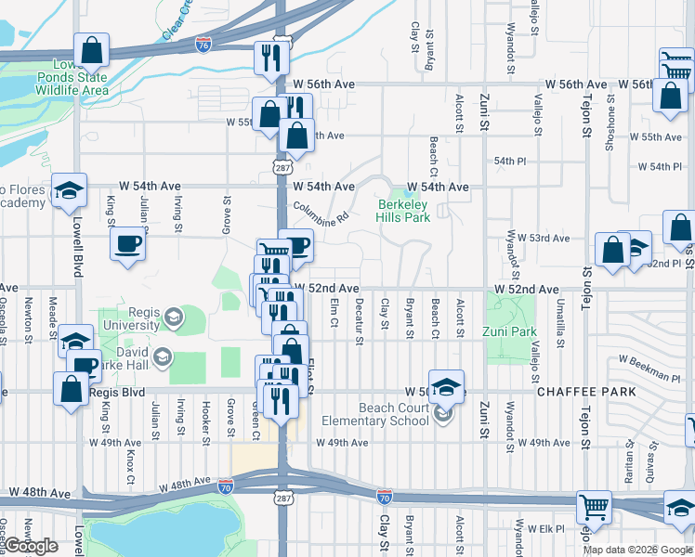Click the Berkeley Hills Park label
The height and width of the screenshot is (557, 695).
[403, 210]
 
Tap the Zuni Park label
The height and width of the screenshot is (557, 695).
[510, 331]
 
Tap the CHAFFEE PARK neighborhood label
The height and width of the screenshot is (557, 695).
[586, 392]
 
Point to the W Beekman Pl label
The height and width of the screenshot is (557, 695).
[649, 366]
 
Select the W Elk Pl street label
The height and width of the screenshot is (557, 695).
[545, 529]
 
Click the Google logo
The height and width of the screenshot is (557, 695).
[31, 547]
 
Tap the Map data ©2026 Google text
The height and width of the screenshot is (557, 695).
[638, 550]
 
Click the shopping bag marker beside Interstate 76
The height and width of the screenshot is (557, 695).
[92, 52]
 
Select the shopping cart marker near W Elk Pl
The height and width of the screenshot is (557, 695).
[593, 507]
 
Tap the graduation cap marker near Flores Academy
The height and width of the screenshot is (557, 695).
[68, 190]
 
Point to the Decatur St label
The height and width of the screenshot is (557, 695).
[359, 321]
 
